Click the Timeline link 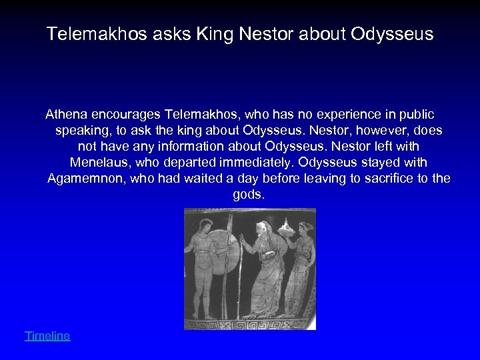tap(47, 336)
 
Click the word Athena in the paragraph tap(68, 113)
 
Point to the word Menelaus tap(99, 162)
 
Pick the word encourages tap(128, 113)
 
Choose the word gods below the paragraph tap(248, 195)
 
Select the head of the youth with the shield tap(199, 224)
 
